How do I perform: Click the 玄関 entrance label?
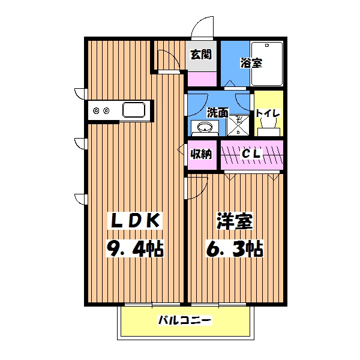200,54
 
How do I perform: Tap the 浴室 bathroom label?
251,62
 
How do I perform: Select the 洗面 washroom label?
217,112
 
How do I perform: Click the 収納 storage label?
201,154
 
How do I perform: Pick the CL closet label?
251,154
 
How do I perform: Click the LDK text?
135,221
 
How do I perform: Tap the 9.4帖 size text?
136,248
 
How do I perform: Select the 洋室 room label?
235,221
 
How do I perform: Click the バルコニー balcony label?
185,321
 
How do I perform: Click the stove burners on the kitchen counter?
100,110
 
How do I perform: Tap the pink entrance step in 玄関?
202,78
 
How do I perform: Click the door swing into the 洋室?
197,187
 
